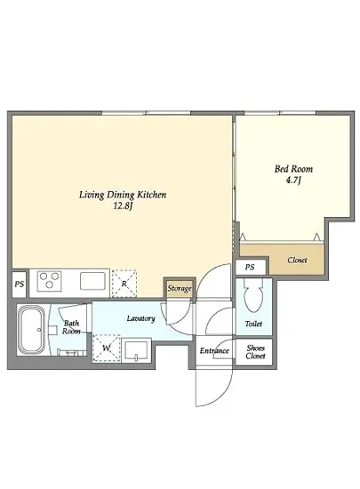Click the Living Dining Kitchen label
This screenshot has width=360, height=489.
pos(123,195)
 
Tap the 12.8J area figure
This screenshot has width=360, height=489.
pos(124,206)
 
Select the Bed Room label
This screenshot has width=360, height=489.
pos(293,169)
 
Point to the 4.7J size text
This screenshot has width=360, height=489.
pos(293,180)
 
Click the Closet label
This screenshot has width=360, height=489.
pos(297,260)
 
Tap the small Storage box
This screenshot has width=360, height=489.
pos(180,288)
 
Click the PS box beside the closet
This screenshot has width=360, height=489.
pos(250,268)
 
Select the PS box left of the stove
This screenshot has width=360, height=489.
pos(20,285)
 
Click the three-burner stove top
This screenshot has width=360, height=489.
pos(49,281)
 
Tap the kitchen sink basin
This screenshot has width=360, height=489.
pos(92,281)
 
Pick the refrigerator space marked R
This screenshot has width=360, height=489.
pos(124,284)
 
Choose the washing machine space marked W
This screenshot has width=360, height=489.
pos(107,348)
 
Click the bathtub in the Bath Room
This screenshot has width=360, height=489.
pos(31,329)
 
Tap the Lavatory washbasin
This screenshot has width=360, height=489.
pos(136,350)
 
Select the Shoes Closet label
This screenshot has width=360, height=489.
pos(255,352)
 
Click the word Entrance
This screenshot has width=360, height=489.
pos(214,351)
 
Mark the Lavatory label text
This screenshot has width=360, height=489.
pos(140,318)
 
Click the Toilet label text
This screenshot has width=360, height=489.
pos(253,324)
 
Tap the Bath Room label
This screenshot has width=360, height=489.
pos(71,327)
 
